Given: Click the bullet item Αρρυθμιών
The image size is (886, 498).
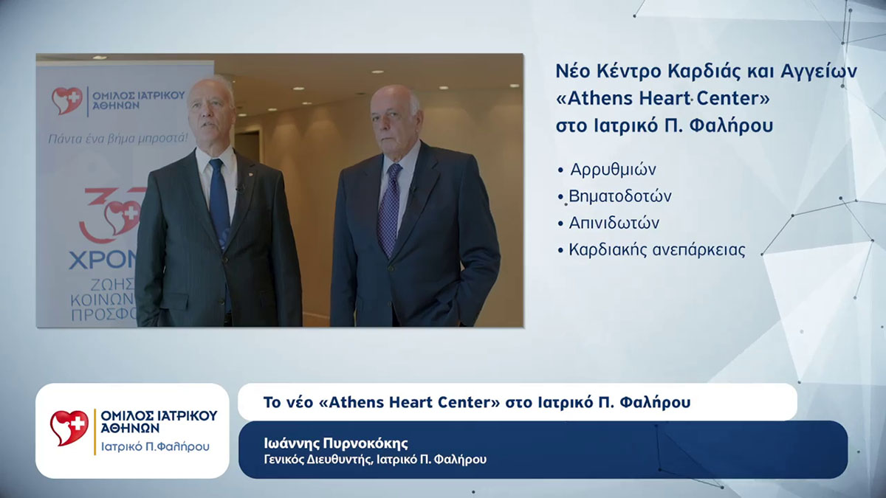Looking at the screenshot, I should [x=613, y=170].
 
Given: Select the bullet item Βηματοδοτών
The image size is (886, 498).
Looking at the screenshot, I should [x=619, y=196].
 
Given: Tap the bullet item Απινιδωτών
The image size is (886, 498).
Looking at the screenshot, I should [x=614, y=223].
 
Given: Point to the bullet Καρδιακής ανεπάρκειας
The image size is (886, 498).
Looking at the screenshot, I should [x=656, y=249].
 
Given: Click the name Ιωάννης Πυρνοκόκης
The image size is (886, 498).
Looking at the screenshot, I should [x=336, y=443].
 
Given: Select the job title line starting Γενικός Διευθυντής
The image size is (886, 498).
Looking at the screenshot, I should [x=375, y=460].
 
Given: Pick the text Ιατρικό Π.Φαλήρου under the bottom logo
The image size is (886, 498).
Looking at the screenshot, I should [x=154, y=446].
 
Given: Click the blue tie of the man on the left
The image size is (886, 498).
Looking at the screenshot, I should [x=219, y=199].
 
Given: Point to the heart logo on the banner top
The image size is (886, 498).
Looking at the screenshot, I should [x=66, y=101].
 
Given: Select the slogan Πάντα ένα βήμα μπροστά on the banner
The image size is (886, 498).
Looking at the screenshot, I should [x=117, y=138].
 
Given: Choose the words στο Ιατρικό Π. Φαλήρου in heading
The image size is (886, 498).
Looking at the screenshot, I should [x=664, y=126].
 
